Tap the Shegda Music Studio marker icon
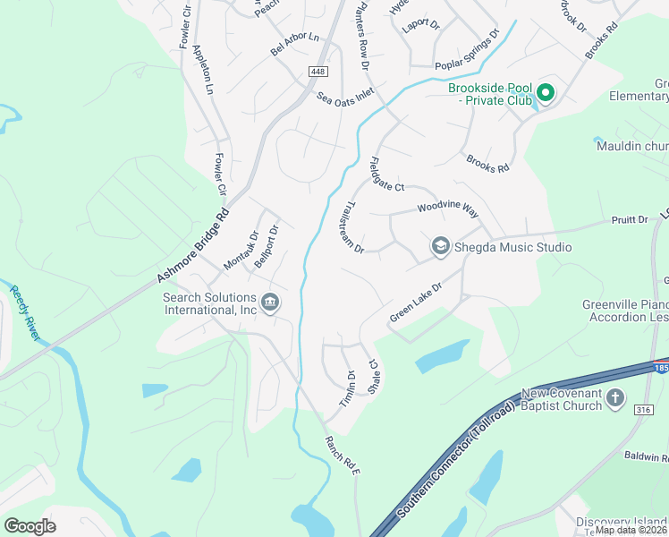pyautogui.click(x=440, y=246)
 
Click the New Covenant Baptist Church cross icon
pyautogui.click(x=615, y=398)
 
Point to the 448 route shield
pyautogui.click(x=318, y=71)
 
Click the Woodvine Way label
pyautogui.click(x=447, y=209)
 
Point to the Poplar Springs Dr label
pyautogui.click(x=465, y=55)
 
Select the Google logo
pyautogui.click(x=30, y=525)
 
